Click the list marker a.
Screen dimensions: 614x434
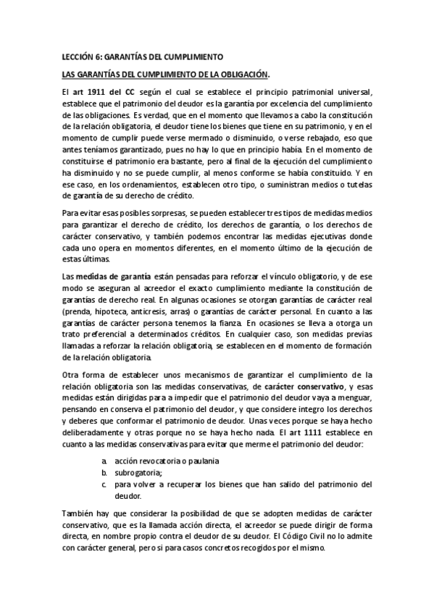(104, 461)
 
